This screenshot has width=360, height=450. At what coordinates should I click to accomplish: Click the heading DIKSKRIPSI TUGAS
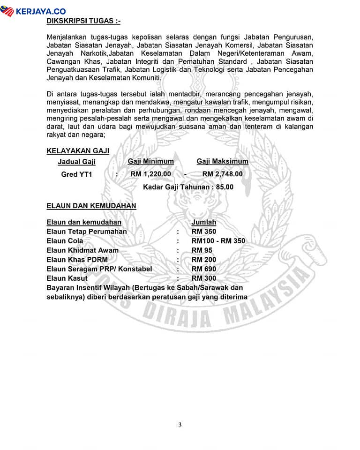[x=83, y=21]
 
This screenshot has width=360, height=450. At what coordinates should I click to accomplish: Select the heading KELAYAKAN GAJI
[x=78, y=150]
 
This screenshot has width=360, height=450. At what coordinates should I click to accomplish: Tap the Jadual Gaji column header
[x=76, y=162]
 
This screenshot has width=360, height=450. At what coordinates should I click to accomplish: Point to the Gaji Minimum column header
[x=150, y=161]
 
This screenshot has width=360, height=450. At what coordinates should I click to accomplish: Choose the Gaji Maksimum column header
[x=222, y=161]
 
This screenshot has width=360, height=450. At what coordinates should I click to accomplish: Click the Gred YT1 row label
[x=77, y=174]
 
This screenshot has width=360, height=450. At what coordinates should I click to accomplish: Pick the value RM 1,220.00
[x=150, y=174]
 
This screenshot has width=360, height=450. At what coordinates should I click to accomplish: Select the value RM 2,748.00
[x=222, y=174]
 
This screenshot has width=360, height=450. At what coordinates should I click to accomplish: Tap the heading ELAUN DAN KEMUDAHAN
[x=91, y=205]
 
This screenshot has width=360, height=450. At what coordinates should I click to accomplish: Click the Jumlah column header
[x=204, y=222]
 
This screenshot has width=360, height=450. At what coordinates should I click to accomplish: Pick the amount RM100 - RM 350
[x=218, y=241]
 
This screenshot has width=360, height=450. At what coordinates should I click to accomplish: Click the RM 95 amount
[x=202, y=250]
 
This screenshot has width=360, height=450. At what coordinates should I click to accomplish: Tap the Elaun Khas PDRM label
[x=77, y=260]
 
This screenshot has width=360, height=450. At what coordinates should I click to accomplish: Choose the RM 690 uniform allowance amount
[x=204, y=269]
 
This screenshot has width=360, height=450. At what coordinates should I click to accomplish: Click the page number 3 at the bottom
[x=180, y=425]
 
